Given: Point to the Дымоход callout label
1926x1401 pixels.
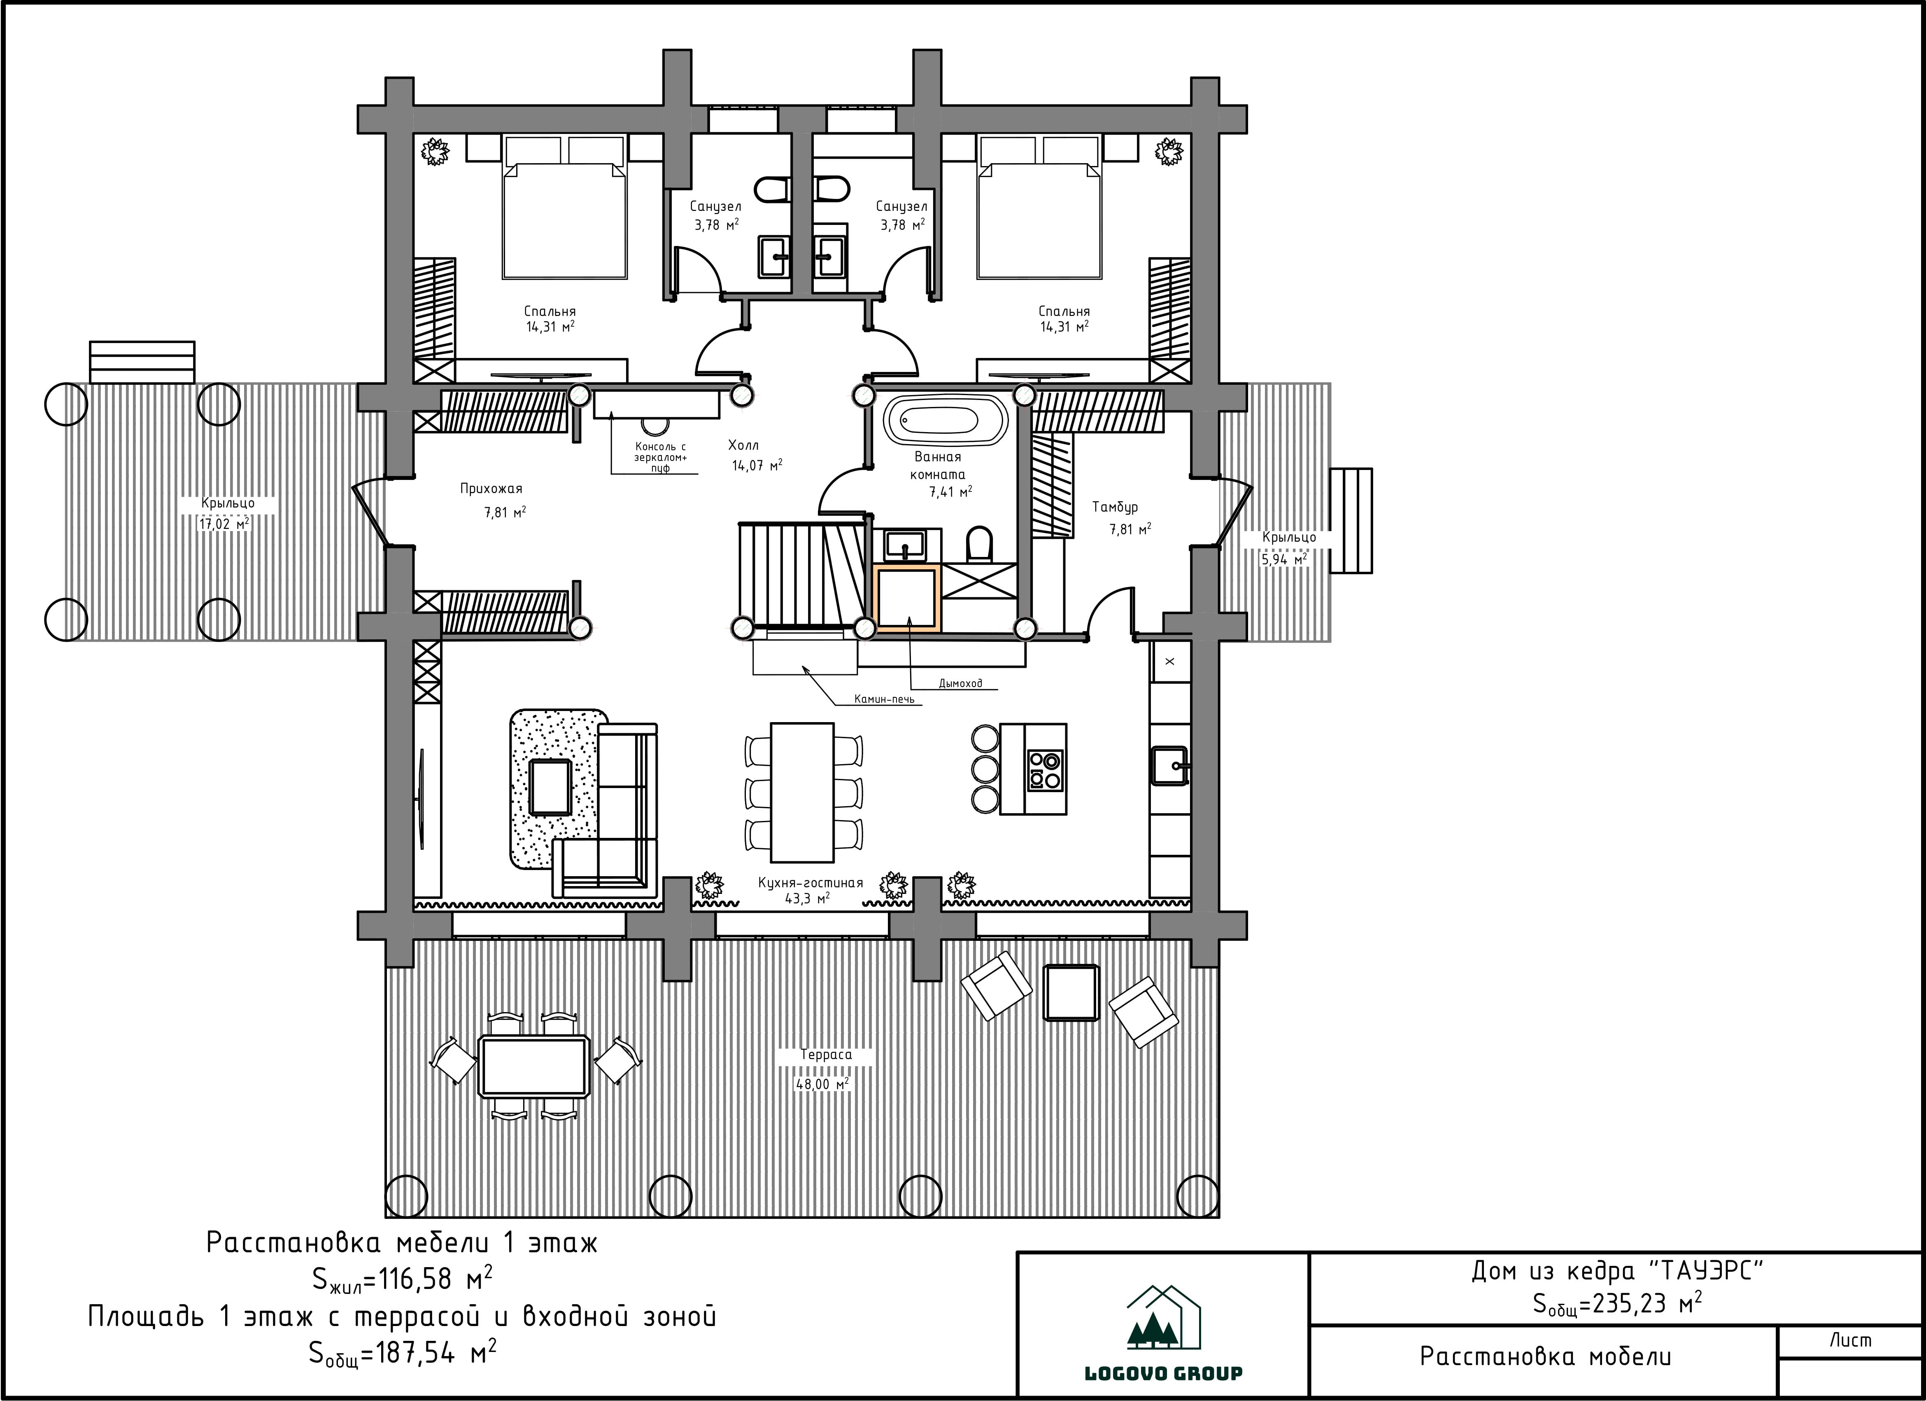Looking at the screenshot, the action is click(960, 683).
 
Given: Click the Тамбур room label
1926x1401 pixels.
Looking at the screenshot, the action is click(1115, 507).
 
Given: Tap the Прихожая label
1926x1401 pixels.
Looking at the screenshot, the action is click(491, 489).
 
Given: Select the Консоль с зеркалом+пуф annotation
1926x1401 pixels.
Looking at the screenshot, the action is click(661, 457).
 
